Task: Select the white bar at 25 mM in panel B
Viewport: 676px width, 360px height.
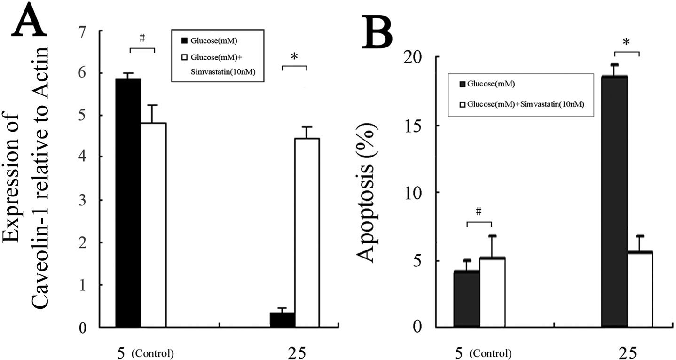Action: click(640, 289)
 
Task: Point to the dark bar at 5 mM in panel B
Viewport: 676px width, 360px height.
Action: click(466, 299)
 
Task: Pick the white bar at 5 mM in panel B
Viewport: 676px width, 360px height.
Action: click(492, 292)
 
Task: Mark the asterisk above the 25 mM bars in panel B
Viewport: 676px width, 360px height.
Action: click(626, 43)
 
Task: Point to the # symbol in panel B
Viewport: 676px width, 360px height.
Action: click(479, 212)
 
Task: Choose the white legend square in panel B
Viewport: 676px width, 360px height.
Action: click(464, 105)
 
